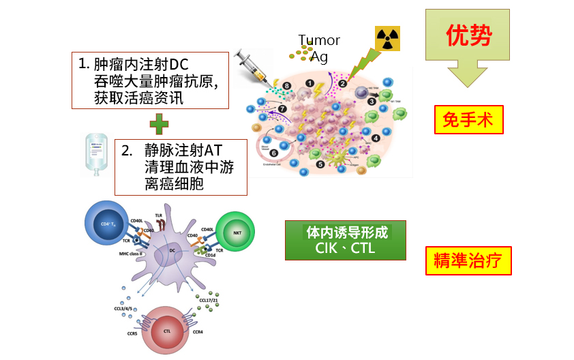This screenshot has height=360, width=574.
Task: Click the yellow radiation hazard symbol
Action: pyautogui.click(x=387, y=39)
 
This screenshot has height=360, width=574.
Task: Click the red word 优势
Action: pyautogui.click(x=468, y=35)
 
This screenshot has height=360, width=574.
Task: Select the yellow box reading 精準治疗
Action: pyautogui.click(x=468, y=260)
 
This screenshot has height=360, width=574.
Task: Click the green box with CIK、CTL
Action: pyautogui.click(x=346, y=240)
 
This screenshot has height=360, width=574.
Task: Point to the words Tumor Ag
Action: pyautogui.click(x=318, y=48)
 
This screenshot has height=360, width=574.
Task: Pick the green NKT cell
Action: pyautogui.click(x=237, y=232)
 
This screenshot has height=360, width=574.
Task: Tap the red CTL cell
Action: pyautogui.click(x=167, y=331)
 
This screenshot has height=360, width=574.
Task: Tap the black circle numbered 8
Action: pyautogui.click(x=287, y=85)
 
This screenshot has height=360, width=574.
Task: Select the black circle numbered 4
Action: pyautogui.click(x=376, y=138)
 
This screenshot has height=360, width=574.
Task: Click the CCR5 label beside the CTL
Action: pyautogui.click(x=127, y=333)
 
